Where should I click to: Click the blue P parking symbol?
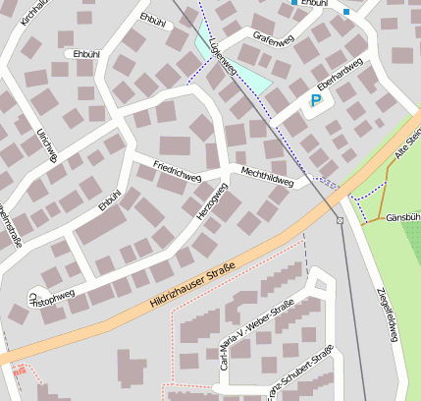coord(315,100)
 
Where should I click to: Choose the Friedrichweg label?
coord(178,172)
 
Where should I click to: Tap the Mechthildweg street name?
coord(267,176)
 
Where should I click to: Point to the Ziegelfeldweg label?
coord(387,315)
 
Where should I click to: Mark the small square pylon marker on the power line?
coord(340,220)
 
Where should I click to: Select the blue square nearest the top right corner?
coord(346,12)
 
